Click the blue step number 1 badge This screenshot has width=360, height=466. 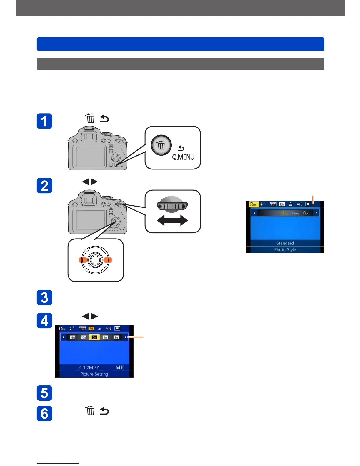[44, 121]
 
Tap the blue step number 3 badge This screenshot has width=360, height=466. [44, 297]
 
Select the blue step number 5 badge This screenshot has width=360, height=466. [44, 393]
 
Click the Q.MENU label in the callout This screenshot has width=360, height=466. [183, 157]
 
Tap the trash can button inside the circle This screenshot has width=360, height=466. [161, 145]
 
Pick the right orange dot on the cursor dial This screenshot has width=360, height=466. [108, 260]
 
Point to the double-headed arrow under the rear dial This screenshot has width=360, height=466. [172, 220]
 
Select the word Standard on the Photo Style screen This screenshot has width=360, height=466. [285, 243]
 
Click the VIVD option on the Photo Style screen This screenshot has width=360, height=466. [296, 213]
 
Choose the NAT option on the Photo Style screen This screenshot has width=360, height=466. [306, 213]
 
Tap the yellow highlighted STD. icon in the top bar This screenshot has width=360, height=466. [253, 204]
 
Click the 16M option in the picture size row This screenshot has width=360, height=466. [72, 337]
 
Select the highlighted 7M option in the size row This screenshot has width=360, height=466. [94, 337]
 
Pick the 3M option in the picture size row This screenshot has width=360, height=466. [116, 337]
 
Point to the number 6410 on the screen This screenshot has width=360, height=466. [120, 367]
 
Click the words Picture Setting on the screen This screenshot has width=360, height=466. [94, 374]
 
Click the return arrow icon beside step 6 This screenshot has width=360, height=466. [104, 411]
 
